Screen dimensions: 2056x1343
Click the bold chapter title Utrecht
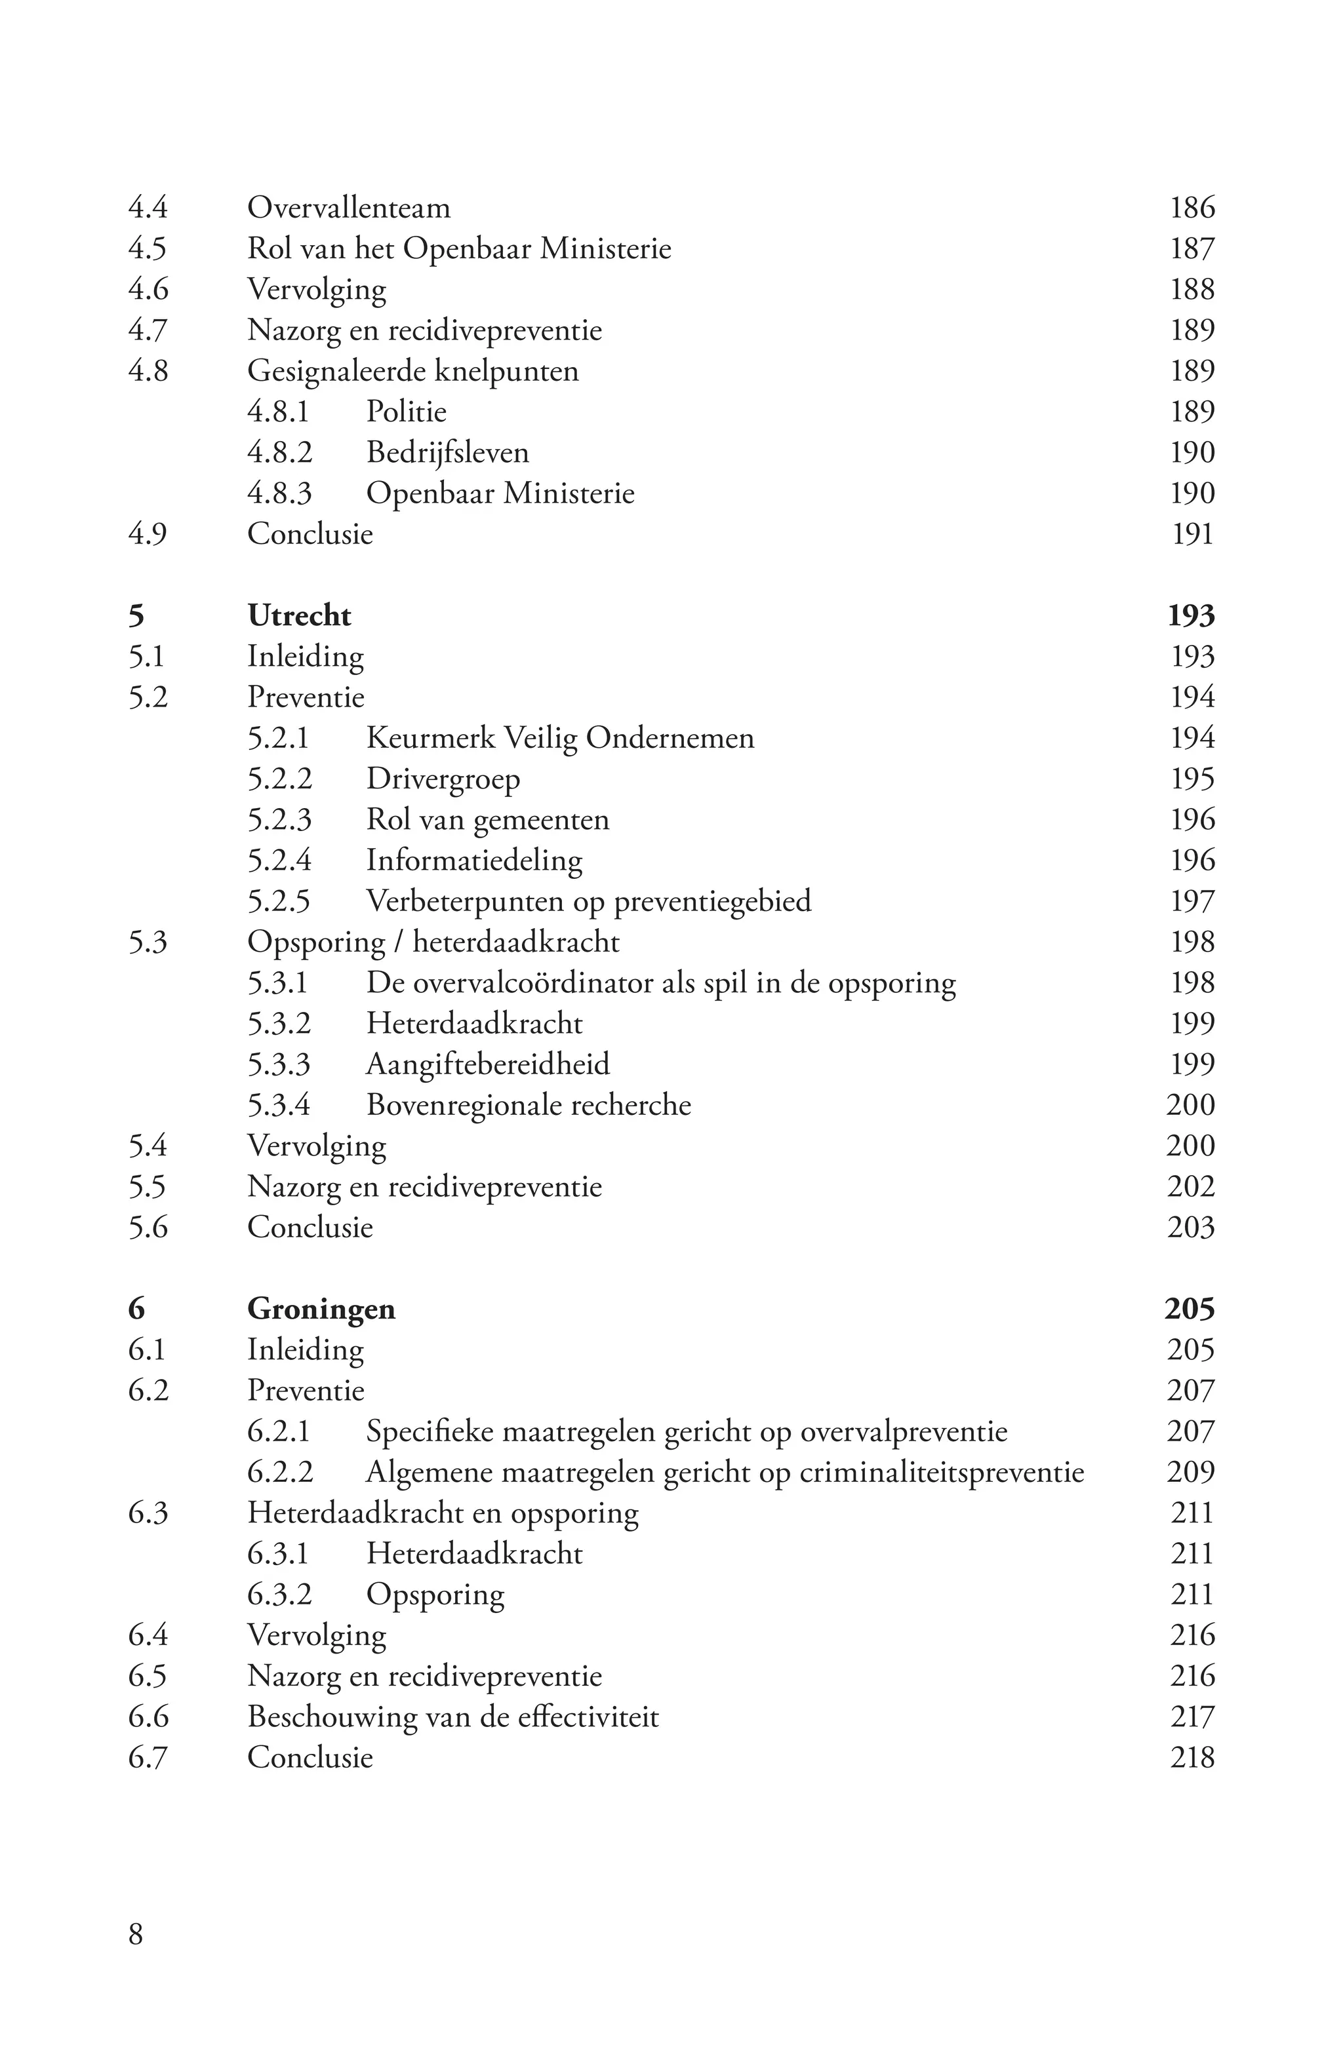(x=299, y=616)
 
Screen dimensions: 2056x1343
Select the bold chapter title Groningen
(x=321, y=1309)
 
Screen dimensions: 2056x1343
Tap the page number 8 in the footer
(x=136, y=1933)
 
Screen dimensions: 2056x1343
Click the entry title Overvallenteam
(x=348, y=208)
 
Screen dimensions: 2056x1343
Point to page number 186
(x=1192, y=208)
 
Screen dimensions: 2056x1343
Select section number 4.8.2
(x=279, y=453)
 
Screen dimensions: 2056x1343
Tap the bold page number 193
(x=1191, y=616)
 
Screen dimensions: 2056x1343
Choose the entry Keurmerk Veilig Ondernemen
(x=560, y=738)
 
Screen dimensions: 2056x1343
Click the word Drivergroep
(x=443, y=779)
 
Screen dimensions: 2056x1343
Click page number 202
(x=1191, y=1187)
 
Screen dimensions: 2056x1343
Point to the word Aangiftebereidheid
(x=487, y=1064)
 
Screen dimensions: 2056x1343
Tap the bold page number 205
(x=1189, y=1309)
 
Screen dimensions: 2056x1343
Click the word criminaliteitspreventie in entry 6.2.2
(x=941, y=1472)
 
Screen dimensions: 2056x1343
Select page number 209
(x=1191, y=1472)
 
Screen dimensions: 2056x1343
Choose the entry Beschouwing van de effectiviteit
(x=453, y=1717)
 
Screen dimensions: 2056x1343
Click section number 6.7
(x=148, y=1757)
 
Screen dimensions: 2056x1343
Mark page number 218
(x=1192, y=1757)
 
